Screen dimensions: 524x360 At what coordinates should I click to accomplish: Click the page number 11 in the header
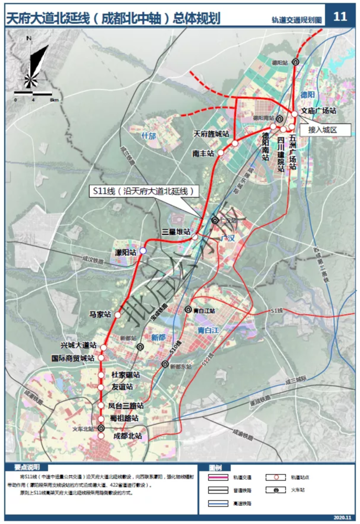tap(340, 16)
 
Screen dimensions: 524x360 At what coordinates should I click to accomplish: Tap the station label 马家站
tap(100, 315)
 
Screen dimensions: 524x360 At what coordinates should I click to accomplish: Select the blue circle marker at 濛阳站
tap(143, 252)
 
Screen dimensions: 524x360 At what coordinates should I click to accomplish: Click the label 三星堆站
tap(176, 232)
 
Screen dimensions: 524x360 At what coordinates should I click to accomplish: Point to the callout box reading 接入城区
tap(324, 129)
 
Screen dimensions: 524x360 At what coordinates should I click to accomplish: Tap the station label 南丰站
tap(203, 154)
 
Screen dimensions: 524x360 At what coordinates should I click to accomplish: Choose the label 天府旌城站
tap(212, 134)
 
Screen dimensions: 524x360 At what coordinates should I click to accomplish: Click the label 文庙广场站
tap(318, 112)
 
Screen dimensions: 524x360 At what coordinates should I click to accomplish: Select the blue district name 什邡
tap(149, 136)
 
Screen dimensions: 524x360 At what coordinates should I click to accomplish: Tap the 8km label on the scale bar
tap(54, 99)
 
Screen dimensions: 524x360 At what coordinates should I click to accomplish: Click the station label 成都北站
tap(128, 435)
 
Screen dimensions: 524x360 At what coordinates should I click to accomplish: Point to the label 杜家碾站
tap(126, 375)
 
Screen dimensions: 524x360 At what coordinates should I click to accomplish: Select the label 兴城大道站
tap(79, 346)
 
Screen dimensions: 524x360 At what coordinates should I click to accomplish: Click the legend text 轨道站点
tap(294, 477)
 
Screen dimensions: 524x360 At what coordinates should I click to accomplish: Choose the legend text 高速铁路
tap(242, 503)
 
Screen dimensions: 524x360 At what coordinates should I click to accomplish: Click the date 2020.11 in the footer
tap(341, 518)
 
